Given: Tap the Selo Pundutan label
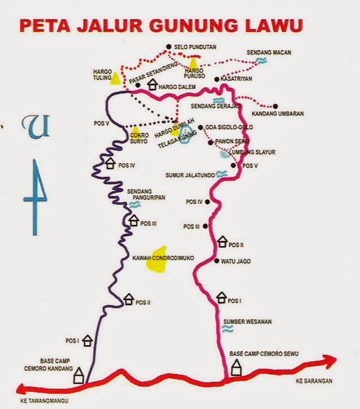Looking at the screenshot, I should coord(196,47).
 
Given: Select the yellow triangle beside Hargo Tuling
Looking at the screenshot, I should coord(115,78).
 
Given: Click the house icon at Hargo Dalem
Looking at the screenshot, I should coord(152,85).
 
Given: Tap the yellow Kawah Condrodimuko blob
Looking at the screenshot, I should coord(157,259).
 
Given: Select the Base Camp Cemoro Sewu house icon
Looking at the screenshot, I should coord(237,368).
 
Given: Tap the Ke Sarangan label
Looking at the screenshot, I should coord(314,381).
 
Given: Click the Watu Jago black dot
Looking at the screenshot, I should coord(217,261).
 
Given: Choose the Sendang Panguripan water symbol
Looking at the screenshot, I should coord(134,205).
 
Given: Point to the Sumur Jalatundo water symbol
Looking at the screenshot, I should coord(222,175).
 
